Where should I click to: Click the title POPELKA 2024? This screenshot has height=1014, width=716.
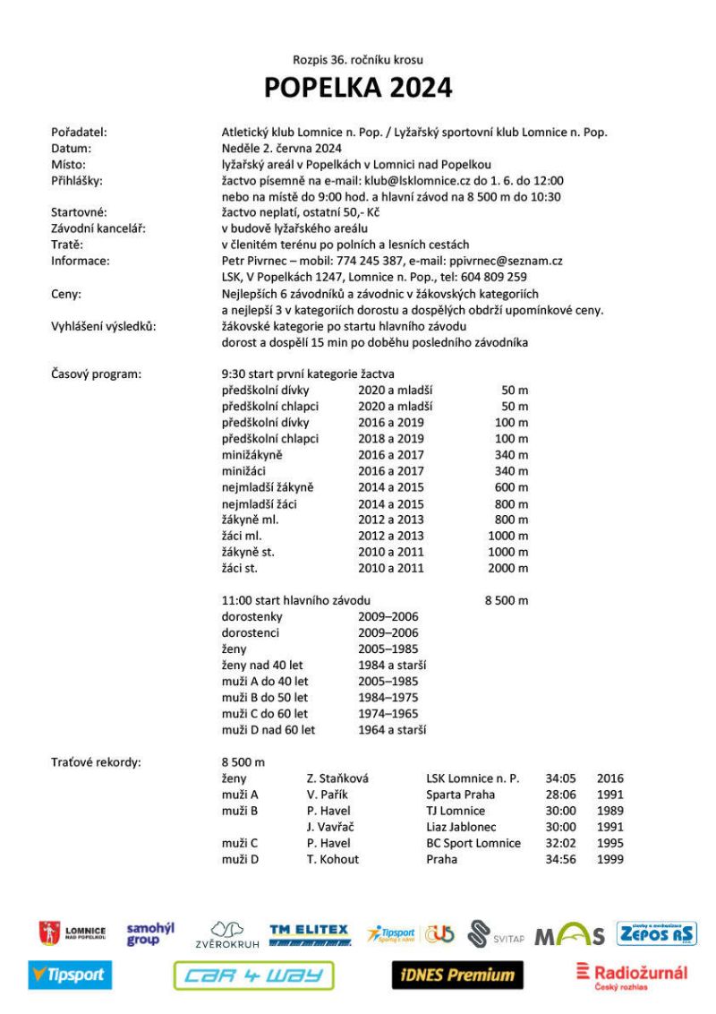357,88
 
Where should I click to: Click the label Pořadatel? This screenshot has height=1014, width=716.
80,133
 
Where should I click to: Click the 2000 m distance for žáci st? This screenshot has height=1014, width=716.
507,568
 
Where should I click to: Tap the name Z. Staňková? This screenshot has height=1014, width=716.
337,778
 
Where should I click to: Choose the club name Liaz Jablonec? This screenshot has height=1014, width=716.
461,827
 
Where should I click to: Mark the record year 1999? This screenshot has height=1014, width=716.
609,859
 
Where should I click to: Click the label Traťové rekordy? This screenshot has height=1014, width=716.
97,762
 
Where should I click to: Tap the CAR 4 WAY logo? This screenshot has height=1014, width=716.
253,975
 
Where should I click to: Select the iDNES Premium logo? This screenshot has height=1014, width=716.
457,975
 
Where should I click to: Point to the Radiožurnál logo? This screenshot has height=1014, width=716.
632,975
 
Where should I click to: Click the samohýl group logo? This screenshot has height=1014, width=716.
150,934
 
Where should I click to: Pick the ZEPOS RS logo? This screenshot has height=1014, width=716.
656,933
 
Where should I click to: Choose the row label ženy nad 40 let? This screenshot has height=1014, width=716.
264,665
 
